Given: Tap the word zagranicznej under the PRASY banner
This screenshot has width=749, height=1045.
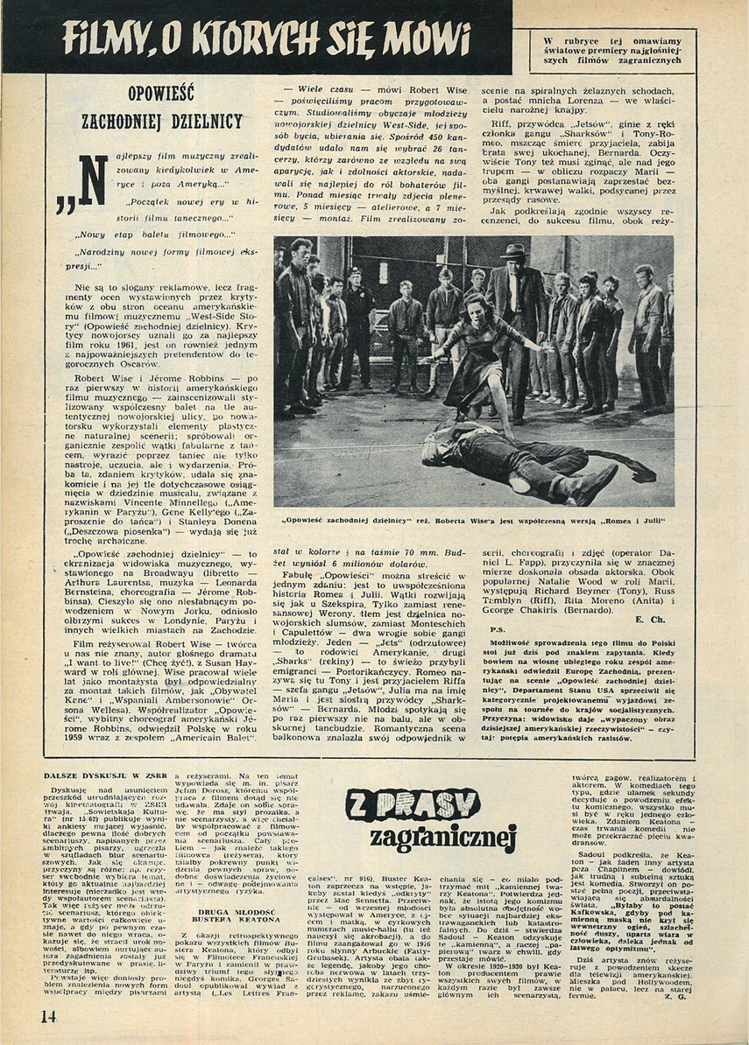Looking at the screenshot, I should (x=442, y=838).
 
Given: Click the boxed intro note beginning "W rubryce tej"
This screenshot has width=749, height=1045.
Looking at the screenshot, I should (x=612, y=48).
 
